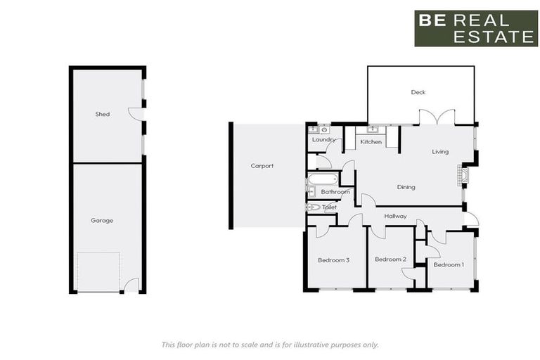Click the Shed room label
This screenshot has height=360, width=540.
tap(103, 114)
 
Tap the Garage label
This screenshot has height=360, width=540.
tap(102, 220)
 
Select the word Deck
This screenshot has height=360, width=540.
tap(418, 92)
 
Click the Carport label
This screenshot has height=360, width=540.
tap(262, 166)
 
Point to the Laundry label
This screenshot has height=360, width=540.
tap(323, 139)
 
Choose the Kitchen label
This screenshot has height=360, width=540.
tap(371, 142)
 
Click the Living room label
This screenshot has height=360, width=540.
tap(440, 151)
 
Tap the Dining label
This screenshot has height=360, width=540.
tap(406, 187)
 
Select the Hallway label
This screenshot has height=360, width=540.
tap(396, 216)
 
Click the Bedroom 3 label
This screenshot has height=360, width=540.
tap(333, 260)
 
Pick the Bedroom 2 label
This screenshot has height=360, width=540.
tap(390, 259)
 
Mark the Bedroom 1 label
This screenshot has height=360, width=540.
tap(448, 264)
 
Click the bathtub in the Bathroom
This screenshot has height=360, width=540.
tap(323, 179)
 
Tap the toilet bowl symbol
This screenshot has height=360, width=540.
tap(313, 207)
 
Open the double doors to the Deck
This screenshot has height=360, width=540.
tap(437, 117)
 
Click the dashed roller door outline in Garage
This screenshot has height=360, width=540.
tap(98, 272)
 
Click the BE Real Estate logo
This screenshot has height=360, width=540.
tap(476, 28)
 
